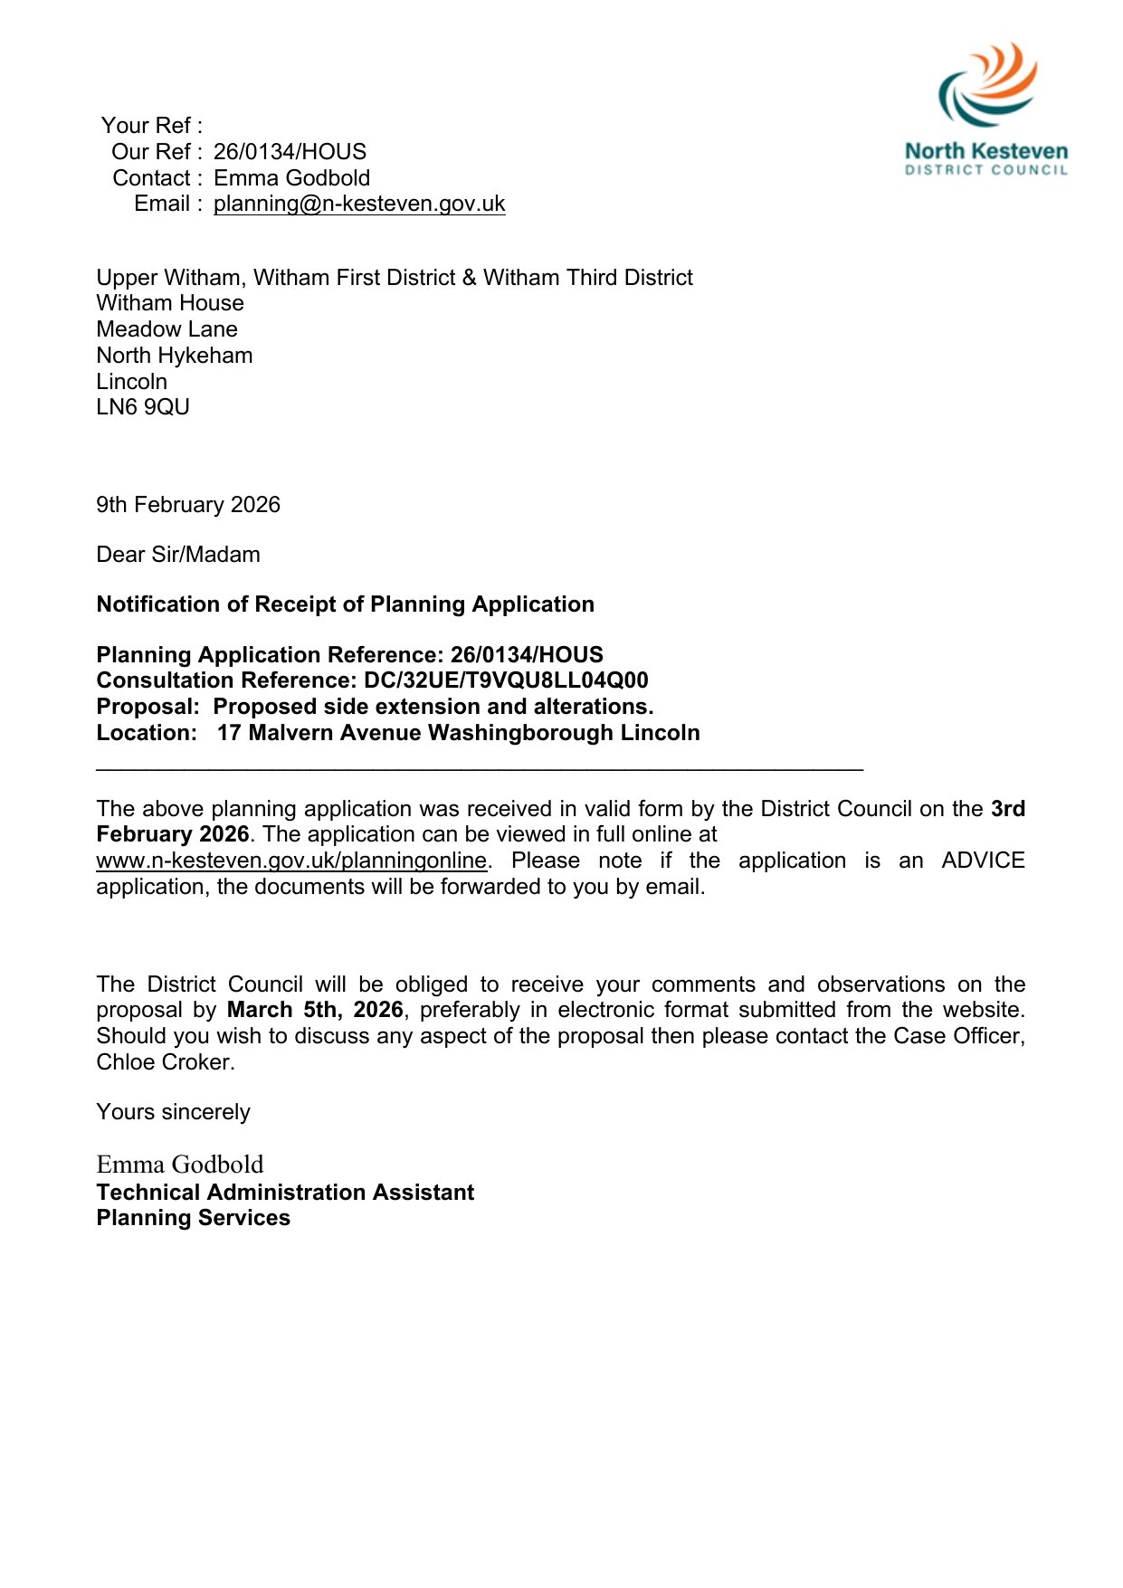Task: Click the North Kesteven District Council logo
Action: (986, 109)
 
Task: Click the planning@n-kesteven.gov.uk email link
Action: (359, 204)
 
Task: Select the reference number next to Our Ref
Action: (290, 152)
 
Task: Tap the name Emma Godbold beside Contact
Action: (291, 178)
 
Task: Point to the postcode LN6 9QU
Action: (143, 407)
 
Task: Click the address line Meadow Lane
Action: (167, 329)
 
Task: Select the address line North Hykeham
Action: (175, 356)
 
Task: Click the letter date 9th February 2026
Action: (188, 505)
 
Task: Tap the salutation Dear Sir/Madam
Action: (178, 555)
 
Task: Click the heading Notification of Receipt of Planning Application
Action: (345, 604)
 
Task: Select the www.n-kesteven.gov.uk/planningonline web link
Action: (291, 861)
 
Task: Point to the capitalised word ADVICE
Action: (983, 861)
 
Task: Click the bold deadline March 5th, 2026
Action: (315, 1010)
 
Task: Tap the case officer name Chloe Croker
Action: (164, 1062)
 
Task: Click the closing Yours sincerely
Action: (173, 1112)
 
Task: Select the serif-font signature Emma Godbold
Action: (180, 1165)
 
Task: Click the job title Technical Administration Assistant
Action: (285, 1193)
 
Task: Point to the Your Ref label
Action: (151, 126)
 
